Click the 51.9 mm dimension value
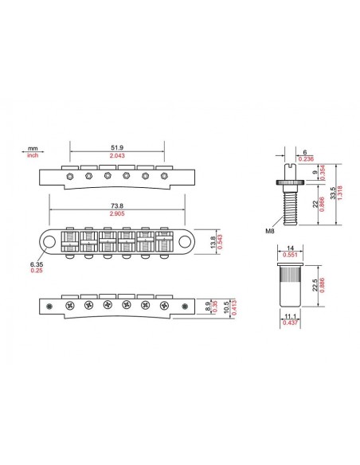tap(117, 148)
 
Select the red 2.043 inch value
tap(117, 157)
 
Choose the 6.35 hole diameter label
tap(37, 264)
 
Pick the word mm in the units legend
tap(33, 149)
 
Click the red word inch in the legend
tap(33, 156)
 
